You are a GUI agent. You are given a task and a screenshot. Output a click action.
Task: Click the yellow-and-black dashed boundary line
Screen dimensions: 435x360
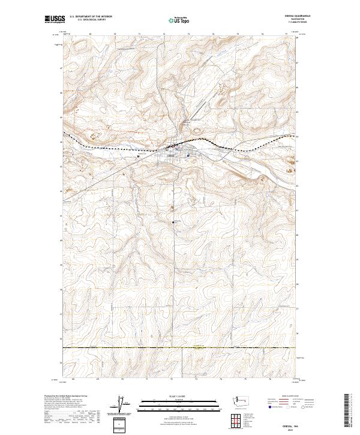click(x=180, y=347)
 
